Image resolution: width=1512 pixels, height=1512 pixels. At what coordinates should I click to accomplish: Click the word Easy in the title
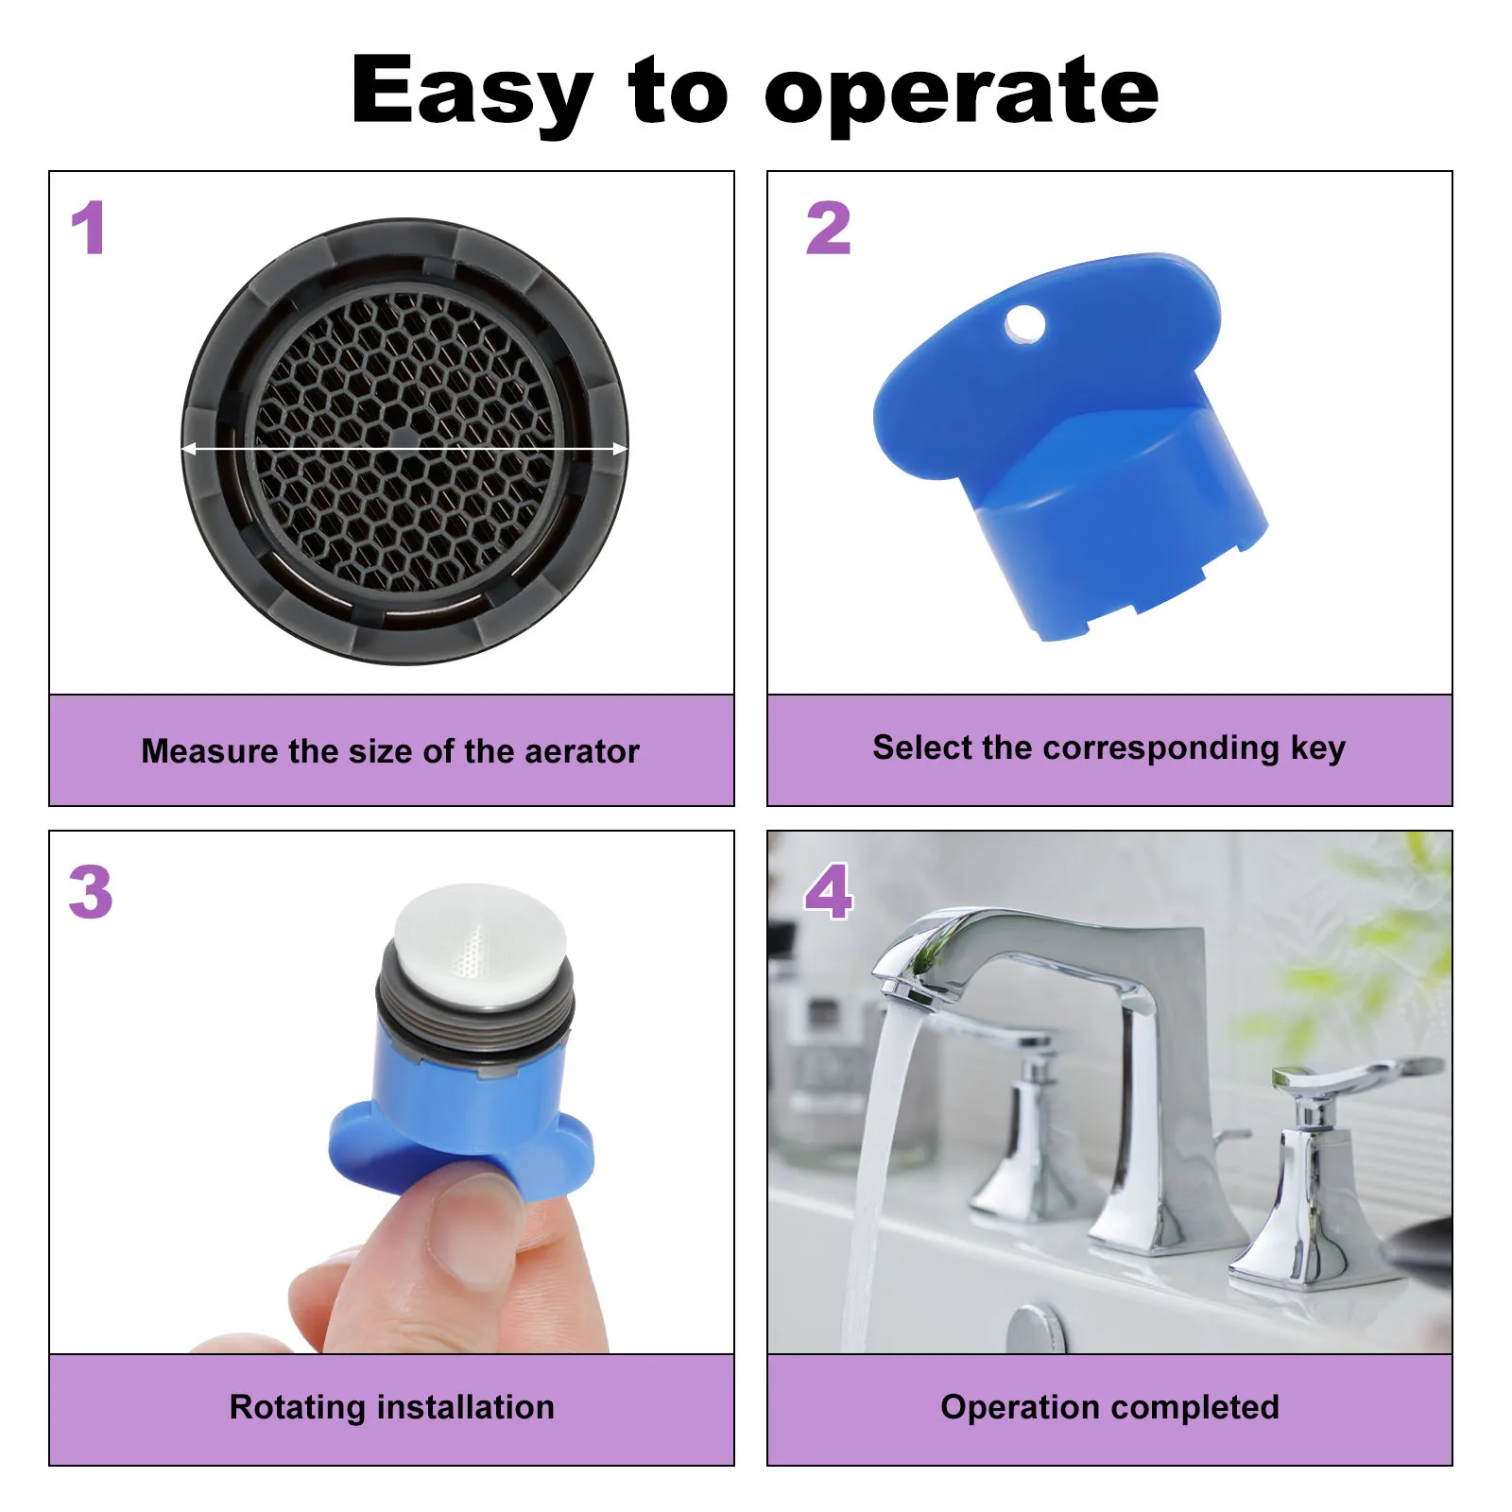(x=472, y=93)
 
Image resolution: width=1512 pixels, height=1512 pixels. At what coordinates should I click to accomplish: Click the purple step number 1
(x=89, y=228)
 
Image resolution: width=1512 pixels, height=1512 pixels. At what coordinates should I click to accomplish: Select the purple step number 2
(x=829, y=228)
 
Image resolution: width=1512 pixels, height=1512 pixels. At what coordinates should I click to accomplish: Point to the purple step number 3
(x=91, y=892)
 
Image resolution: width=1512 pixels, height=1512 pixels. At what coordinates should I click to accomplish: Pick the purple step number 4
(x=829, y=892)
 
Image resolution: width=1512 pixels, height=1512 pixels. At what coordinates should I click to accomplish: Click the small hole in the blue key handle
(x=1025, y=324)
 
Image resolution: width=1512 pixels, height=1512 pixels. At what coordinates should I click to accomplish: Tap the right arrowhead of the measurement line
(x=620, y=449)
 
